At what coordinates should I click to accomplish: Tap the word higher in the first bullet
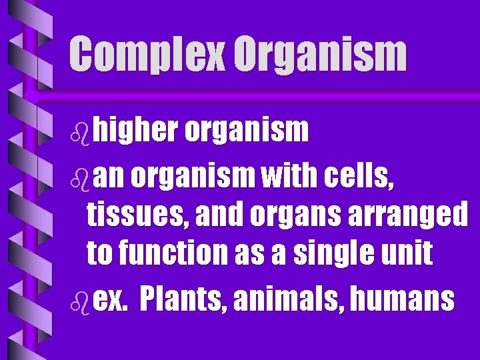[x=136, y=131]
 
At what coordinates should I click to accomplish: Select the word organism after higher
[x=247, y=131]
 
